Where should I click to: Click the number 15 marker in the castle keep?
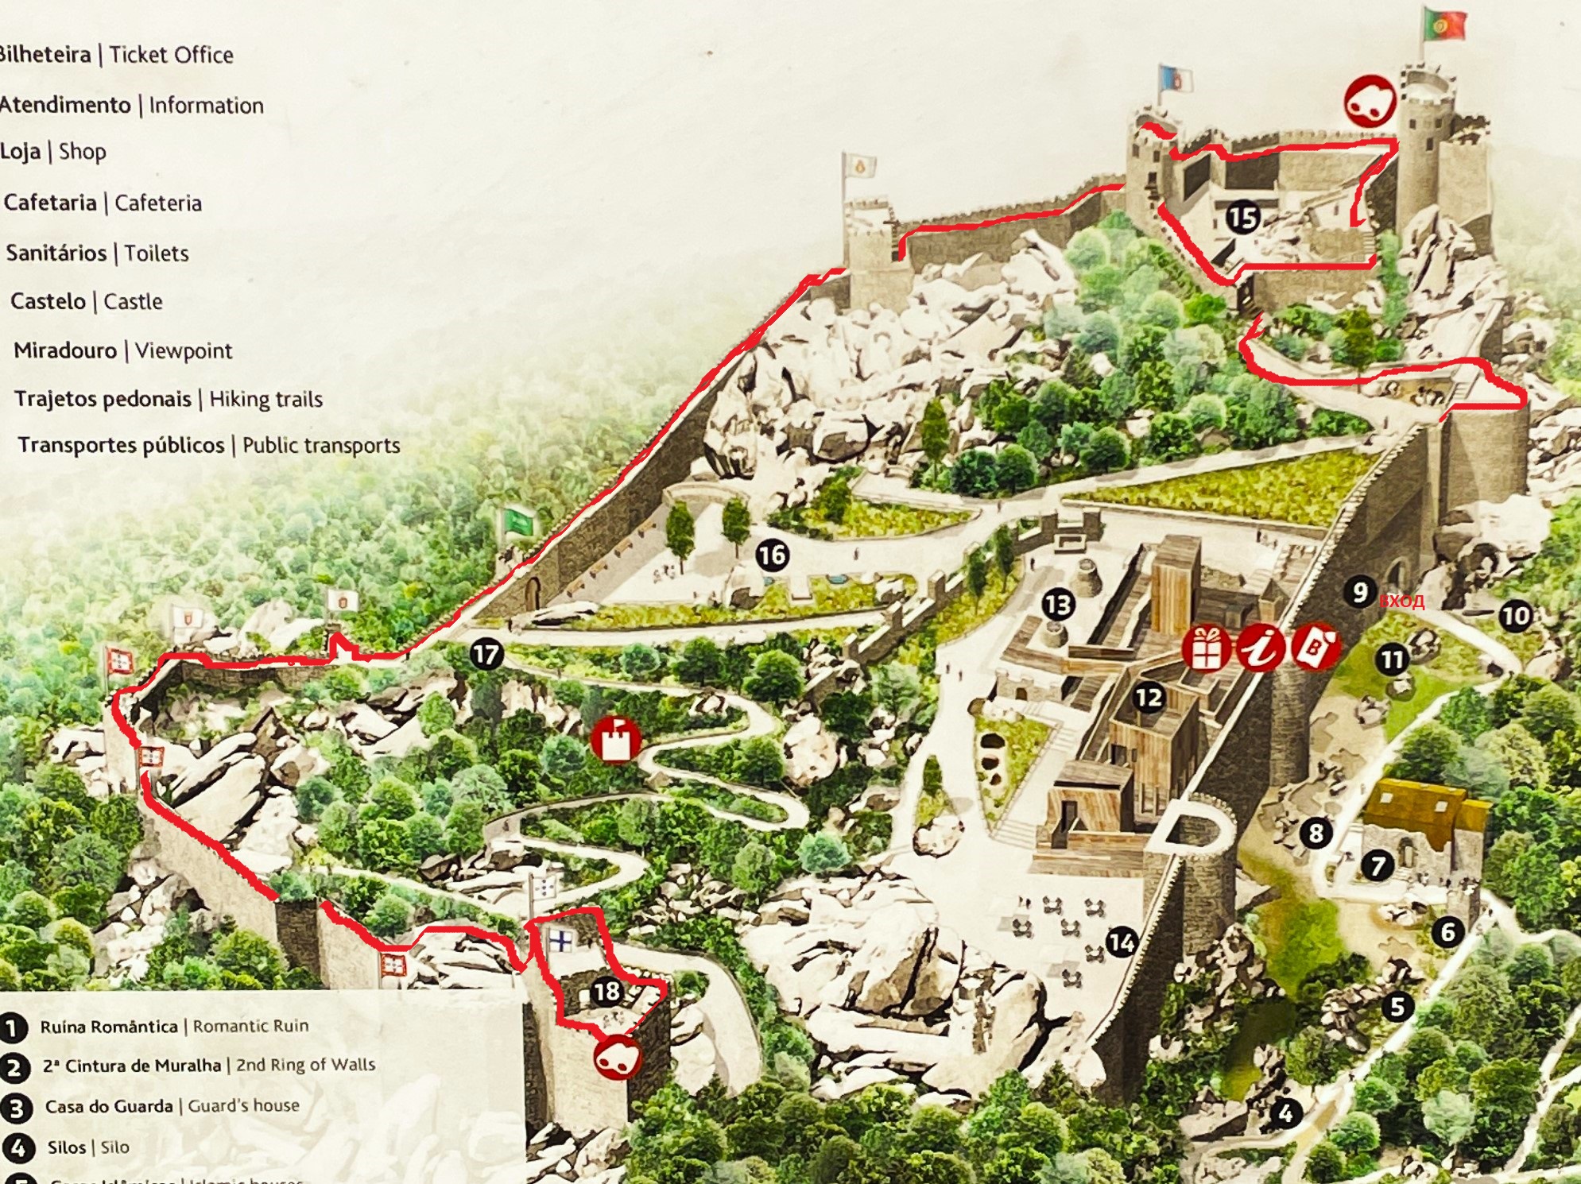pos(1242,218)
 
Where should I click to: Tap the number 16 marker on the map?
pos(772,555)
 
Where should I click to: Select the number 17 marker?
pos(486,655)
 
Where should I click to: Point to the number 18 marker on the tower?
pos(606,991)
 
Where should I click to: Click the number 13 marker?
pos(1058,606)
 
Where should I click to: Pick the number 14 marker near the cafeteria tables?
pos(1121,942)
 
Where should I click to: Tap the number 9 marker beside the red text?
pos(1360,591)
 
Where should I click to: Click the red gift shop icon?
pos(1206,648)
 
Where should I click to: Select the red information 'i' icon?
pos(1260,648)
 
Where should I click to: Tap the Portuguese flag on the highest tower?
pos(1445,25)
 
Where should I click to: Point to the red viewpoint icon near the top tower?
pos(1370,101)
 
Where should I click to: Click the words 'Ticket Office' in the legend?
pos(172,55)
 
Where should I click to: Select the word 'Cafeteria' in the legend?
pos(158,203)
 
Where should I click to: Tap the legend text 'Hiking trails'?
pos(265,399)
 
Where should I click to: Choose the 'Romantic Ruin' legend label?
pos(250,1026)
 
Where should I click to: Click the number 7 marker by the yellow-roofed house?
pos(1378,865)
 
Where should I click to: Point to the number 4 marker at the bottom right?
pos(1286,1113)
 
